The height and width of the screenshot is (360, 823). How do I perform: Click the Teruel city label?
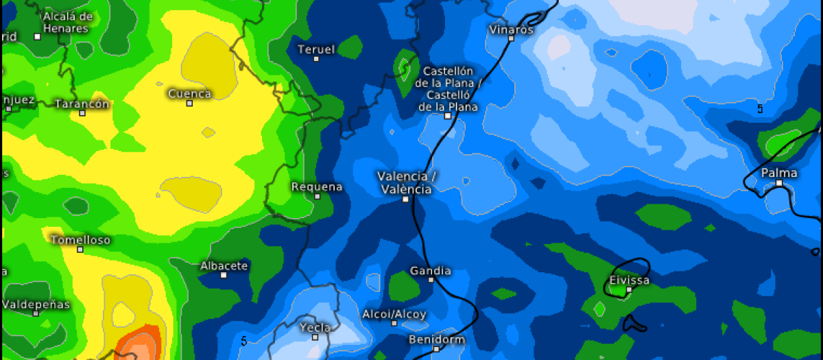pos(315,49)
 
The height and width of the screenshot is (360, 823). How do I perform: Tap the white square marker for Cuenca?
pos(189,103)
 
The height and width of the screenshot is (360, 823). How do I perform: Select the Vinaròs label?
pos(512,29)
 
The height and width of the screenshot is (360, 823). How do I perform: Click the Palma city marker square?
pos(779,183)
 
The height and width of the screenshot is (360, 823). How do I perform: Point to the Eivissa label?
pos(629,280)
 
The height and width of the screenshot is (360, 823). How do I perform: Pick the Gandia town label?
pos(430,270)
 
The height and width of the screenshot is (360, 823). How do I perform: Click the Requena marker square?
pos(317,196)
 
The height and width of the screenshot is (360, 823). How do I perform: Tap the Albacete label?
pos(224,265)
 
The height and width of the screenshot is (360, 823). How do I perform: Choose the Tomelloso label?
pos(80,240)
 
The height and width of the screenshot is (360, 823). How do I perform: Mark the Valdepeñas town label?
pos(36,304)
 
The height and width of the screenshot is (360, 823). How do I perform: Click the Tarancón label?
pos(82,104)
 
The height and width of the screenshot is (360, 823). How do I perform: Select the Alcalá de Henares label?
pos(67,23)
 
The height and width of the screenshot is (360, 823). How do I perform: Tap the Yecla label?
pos(315,328)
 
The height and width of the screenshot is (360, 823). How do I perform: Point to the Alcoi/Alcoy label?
pos(394,314)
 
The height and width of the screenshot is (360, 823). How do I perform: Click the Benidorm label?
pos(436,339)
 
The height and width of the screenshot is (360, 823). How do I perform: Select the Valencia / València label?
pos(406,182)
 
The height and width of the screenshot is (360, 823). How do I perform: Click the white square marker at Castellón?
pos(447,116)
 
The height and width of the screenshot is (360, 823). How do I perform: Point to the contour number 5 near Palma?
pos(760,108)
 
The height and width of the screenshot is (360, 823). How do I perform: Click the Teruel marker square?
pos(316,59)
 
